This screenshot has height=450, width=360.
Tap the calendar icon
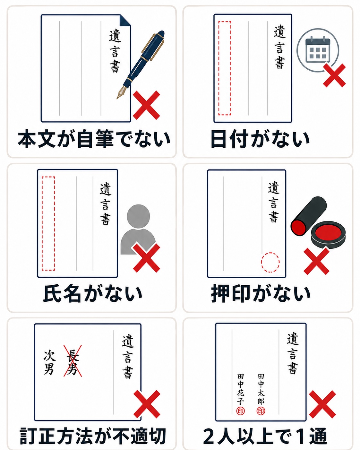[x=318, y=49]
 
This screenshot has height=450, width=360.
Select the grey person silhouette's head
[x=138, y=216]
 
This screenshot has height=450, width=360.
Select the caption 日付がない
[x=260, y=139]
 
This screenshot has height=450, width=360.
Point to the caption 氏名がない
[x=93, y=294]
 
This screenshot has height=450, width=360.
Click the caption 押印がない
[x=261, y=294]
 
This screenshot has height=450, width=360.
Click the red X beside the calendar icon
[x=334, y=75]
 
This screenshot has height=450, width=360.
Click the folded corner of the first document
[x=125, y=20]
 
